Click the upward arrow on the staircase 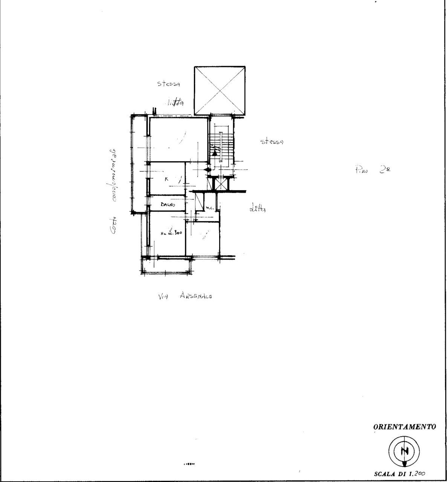click(215, 152)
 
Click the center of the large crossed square click(220, 91)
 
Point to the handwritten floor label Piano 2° click(372, 170)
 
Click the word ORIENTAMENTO click(404, 427)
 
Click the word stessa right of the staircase click(272, 142)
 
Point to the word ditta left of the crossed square click(174, 102)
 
